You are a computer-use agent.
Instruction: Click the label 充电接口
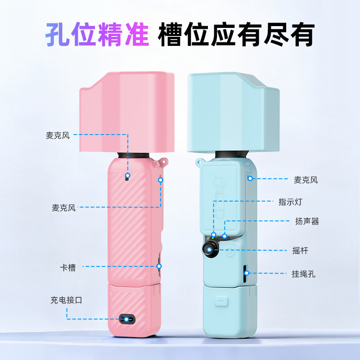click(66, 300)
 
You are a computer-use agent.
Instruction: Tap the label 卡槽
click(68, 267)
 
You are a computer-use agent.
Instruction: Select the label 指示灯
click(290, 202)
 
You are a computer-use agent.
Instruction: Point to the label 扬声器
click(307, 221)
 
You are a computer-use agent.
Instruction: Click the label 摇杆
click(300, 251)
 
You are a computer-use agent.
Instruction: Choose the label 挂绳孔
click(303, 274)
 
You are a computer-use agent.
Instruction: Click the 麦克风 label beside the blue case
click(306, 180)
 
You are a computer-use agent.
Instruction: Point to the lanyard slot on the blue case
click(245, 274)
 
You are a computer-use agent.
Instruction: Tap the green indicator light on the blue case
click(213, 238)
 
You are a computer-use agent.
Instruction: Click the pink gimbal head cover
click(127, 112)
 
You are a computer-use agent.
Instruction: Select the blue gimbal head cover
click(233, 112)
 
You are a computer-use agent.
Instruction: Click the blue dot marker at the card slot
click(159, 266)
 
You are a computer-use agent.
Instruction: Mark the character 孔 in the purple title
click(58, 34)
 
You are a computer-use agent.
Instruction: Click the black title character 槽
click(170, 34)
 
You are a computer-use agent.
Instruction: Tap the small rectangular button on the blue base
click(221, 301)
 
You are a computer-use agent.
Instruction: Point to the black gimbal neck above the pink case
click(133, 155)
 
